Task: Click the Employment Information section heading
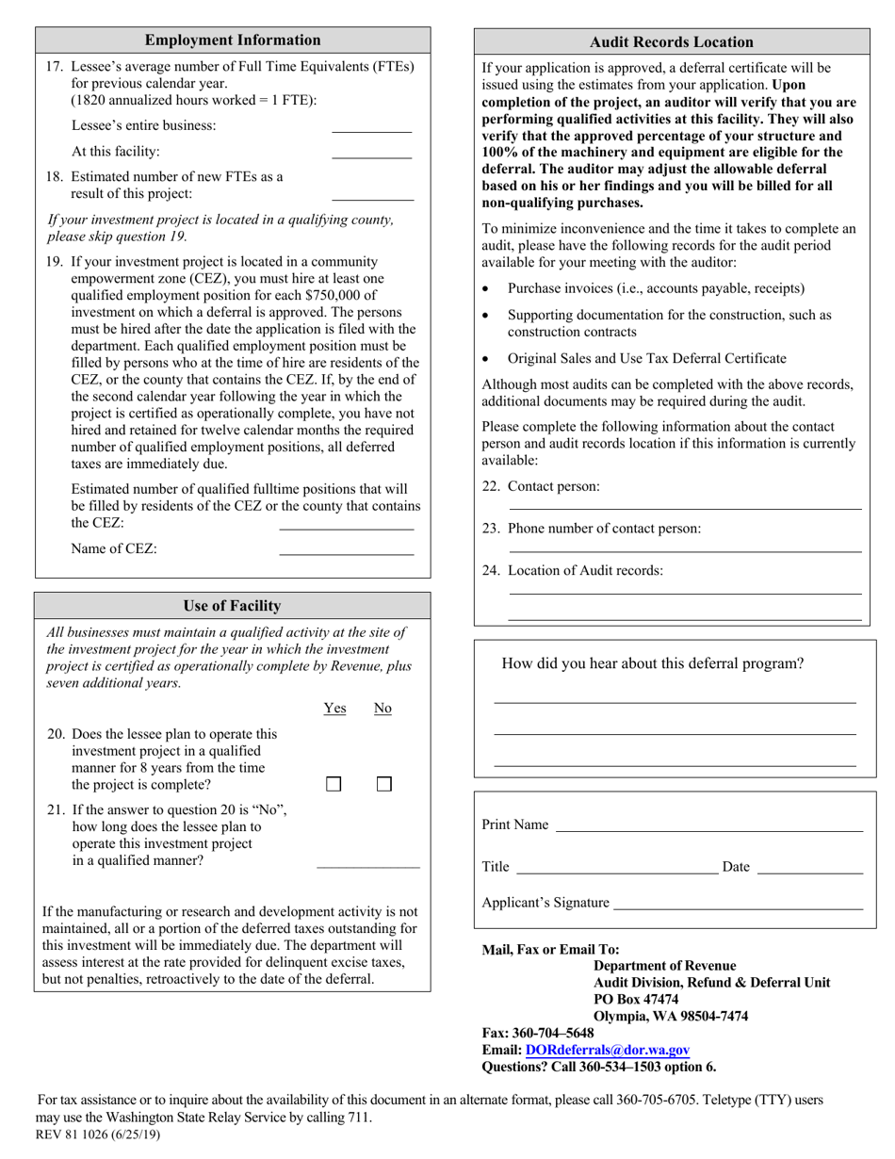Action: tap(233, 40)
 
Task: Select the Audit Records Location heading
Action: tap(671, 41)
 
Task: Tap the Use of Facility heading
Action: tap(232, 606)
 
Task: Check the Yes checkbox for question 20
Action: tap(334, 784)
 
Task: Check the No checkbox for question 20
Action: tap(383, 784)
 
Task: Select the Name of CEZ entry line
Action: tap(347, 552)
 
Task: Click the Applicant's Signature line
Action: tap(738, 907)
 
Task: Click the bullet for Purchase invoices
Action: tap(485, 289)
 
